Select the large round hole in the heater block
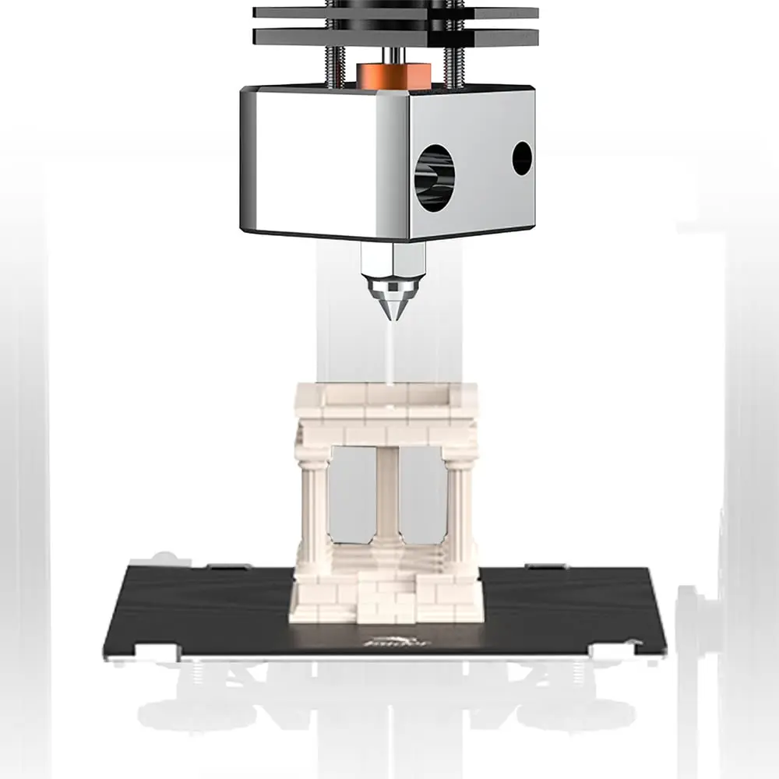434,178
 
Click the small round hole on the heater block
522,158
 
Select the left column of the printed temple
313,506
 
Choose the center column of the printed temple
387,495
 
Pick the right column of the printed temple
459,506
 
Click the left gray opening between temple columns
350,495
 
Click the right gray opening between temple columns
423,495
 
